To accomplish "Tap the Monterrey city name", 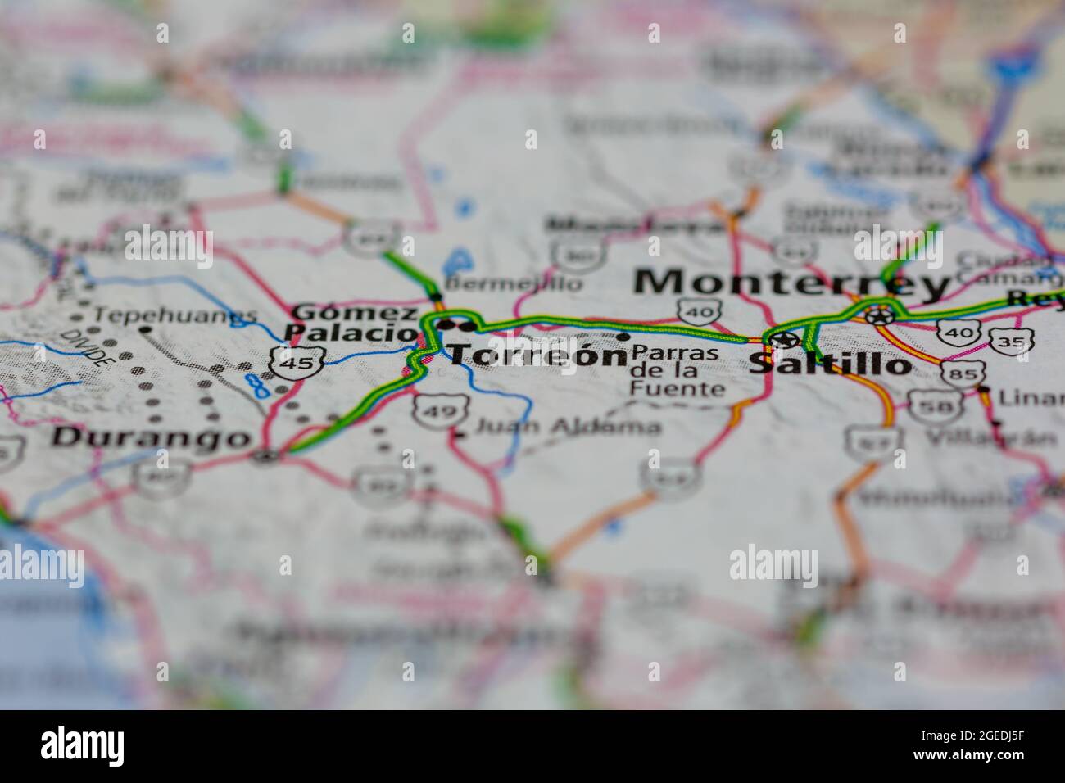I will click(791, 283).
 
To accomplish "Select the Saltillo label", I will click(829, 363).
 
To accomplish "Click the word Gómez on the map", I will click(355, 312).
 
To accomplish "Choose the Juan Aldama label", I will click(568, 426).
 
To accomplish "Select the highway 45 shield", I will click(298, 361).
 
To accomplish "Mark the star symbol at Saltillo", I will click(782, 338).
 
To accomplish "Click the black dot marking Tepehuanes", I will click(146, 329).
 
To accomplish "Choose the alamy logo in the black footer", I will click(83, 746).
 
